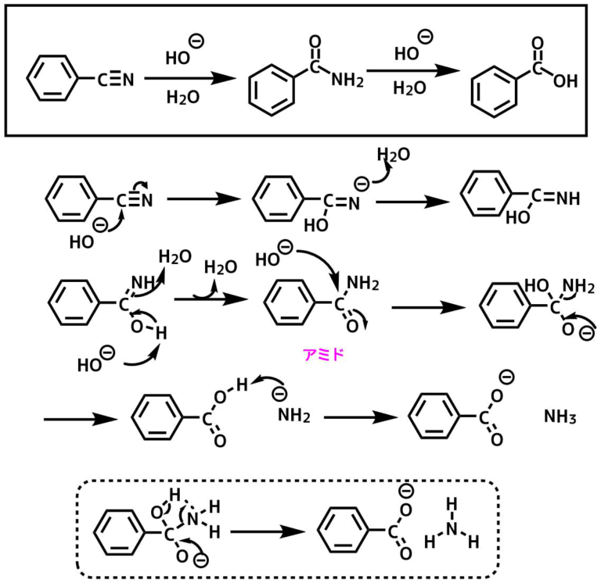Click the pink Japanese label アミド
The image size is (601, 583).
click(x=324, y=354)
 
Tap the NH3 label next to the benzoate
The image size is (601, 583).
click(x=560, y=417)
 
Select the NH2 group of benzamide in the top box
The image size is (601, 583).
click(x=347, y=78)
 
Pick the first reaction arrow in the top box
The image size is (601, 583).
click(x=190, y=78)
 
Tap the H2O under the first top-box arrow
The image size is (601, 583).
click(x=182, y=98)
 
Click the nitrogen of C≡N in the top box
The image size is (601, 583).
click(x=128, y=78)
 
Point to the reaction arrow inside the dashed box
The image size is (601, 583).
click(x=267, y=531)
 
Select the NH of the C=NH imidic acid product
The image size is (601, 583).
click(x=565, y=198)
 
